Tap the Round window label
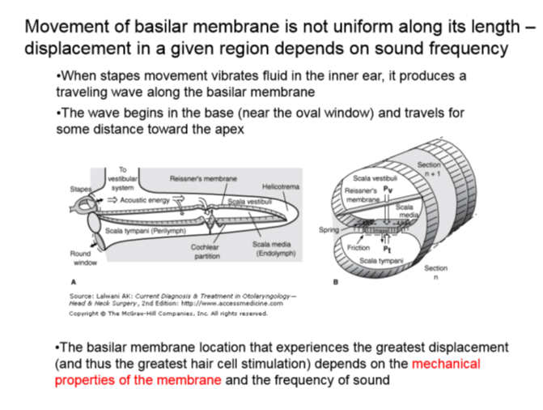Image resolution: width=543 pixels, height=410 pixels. (x=82, y=258)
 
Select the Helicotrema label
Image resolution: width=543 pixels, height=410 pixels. (x=281, y=187)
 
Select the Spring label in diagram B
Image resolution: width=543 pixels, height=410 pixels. (x=329, y=230)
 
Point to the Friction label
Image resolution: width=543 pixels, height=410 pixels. (x=358, y=247)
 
